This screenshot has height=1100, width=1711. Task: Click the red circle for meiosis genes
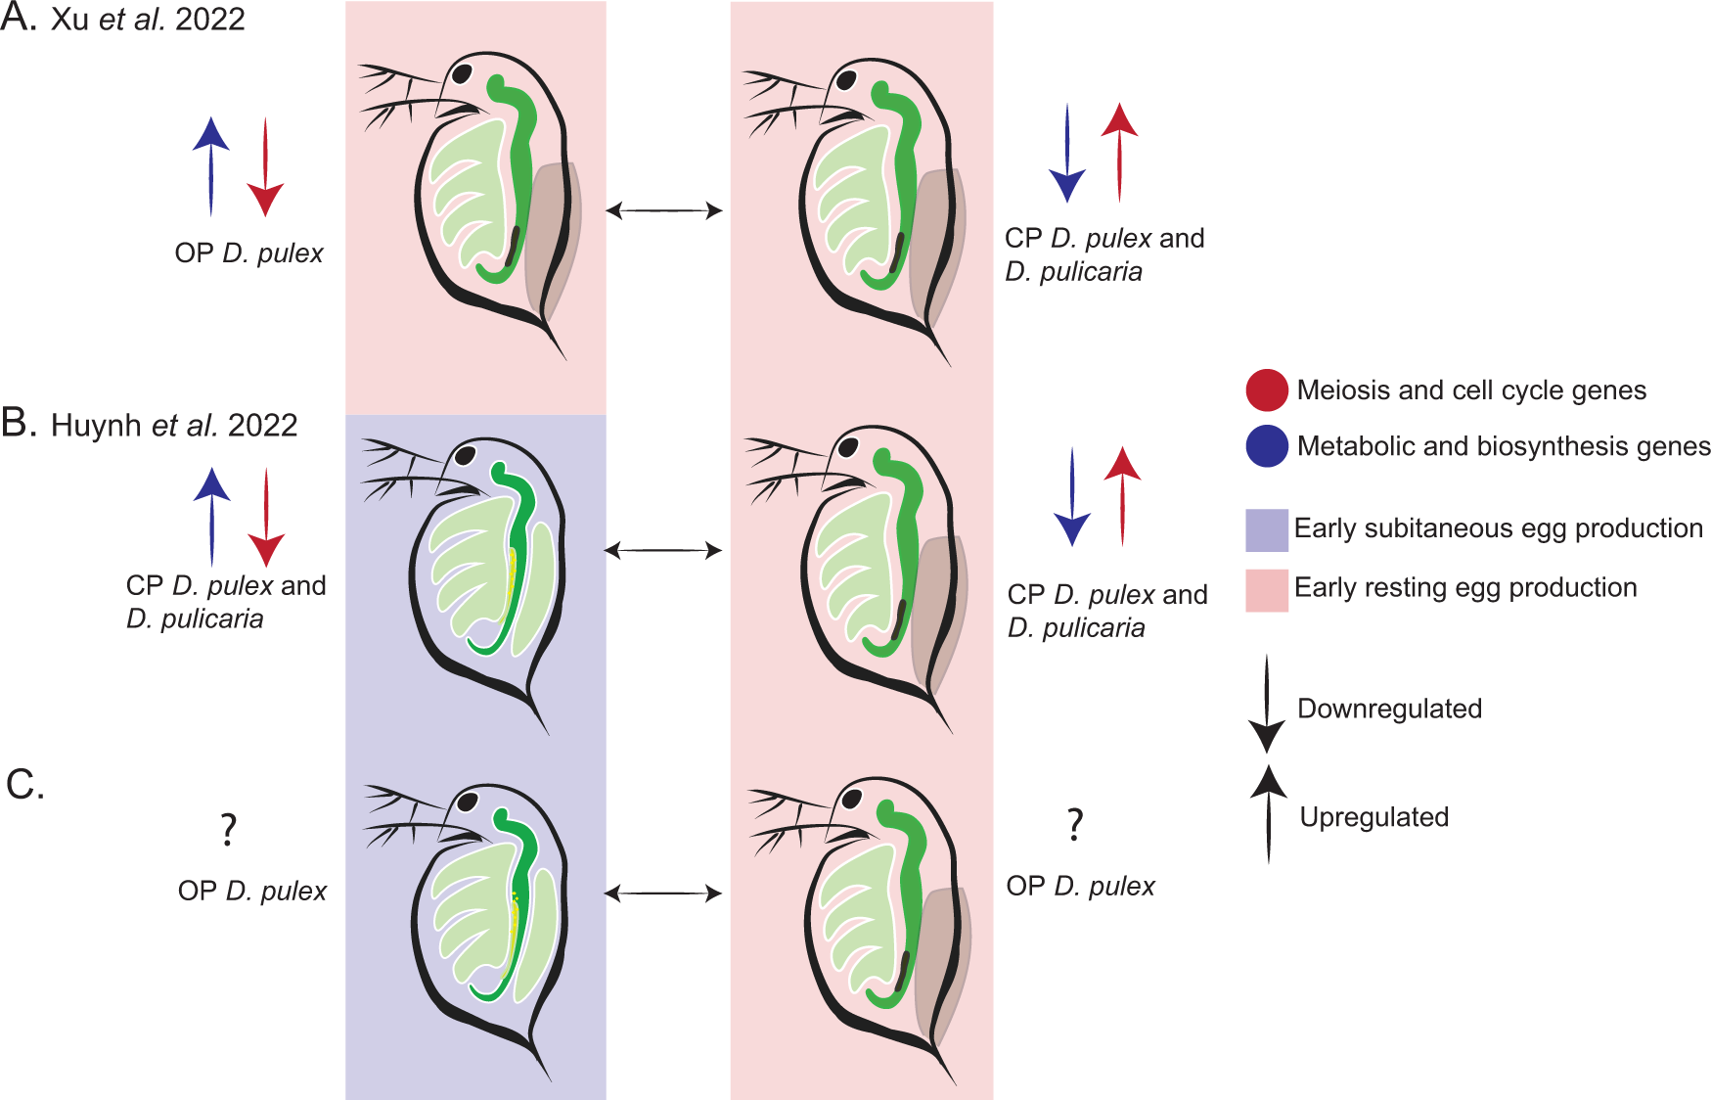[x=1266, y=390]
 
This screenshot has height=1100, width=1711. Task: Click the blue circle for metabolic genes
[x=1266, y=446]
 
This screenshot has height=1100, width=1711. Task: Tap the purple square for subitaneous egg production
[x=1266, y=529]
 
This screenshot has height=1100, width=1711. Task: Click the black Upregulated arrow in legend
[x=1269, y=812]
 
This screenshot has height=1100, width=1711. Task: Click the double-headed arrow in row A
[x=664, y=209]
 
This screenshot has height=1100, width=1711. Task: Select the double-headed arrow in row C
[x=663, y=893]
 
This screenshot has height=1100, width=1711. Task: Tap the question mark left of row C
[x=228, y=830]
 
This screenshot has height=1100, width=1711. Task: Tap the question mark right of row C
[x=1074, y=825]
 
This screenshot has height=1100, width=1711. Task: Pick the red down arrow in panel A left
[x=265, y=166]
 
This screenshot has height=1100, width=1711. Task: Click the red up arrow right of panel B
[x=1122, y=495]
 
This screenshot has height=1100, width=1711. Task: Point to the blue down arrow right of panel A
[x=1067, y=153]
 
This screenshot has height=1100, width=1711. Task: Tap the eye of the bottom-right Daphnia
[x=851, y=798]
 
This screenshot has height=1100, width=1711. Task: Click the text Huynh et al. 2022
[x=174, y=426]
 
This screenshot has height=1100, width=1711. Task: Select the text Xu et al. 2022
[x=148, y=20]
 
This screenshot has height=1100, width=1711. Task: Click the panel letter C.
[x=24, y=785]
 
